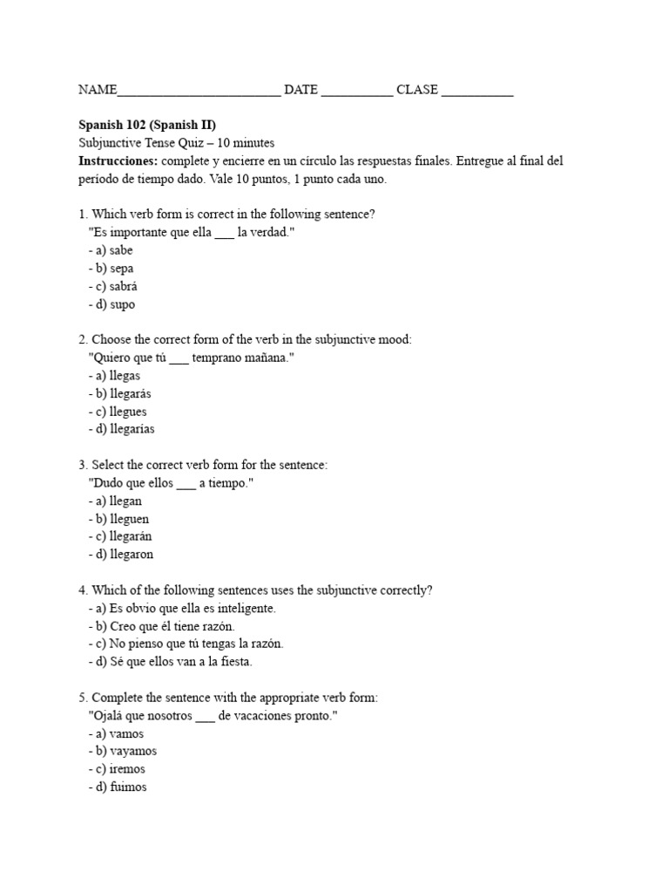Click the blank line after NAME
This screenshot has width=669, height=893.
[199, 91]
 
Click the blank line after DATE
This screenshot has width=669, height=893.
[357, 91]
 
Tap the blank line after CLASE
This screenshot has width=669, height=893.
[477, 91]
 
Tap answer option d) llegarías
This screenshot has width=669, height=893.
[125, 430]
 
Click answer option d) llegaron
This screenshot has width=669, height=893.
[125, 556]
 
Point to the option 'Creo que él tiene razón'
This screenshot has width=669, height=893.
[166, 626]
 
